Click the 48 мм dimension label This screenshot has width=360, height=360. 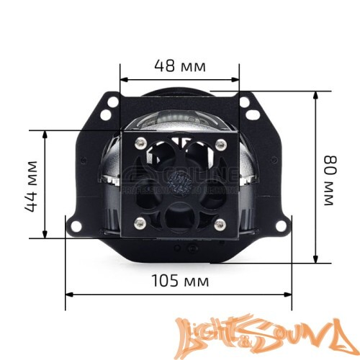coord(179,66)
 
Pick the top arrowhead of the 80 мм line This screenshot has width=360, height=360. coord(315,94)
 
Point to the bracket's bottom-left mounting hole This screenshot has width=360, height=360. coord(73,225)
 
